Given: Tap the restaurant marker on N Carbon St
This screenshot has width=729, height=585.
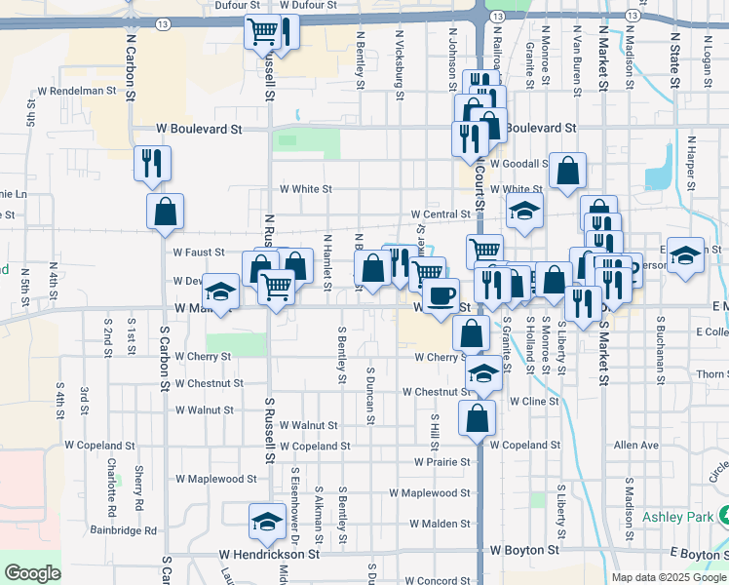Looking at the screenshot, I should (x=153, y=164).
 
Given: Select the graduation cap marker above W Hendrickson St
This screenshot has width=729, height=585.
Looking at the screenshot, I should (x=266, y=522).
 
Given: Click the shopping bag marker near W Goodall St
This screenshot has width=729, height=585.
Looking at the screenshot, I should (x=567, y=172).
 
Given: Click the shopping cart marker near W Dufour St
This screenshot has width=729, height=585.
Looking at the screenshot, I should (x=261, y=32).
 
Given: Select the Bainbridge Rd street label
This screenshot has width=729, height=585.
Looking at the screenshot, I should (x=124, y=531).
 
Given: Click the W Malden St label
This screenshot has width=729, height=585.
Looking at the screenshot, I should (x=440, y=524).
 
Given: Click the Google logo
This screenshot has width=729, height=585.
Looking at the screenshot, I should (x=32, y=573).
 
